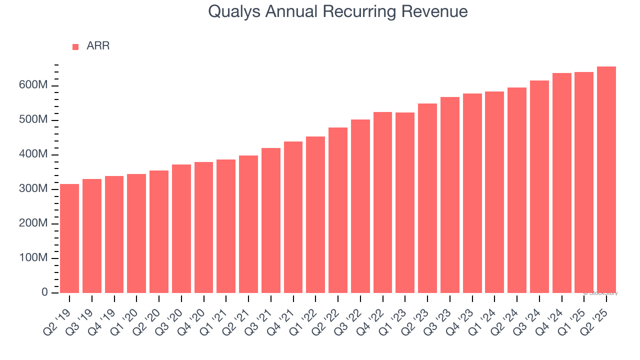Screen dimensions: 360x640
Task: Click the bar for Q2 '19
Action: coord(69,238)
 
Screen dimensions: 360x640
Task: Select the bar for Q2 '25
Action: coord(606,179)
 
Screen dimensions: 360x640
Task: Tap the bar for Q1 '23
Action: coord(405,202)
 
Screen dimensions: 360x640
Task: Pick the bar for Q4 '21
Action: coord(293,217)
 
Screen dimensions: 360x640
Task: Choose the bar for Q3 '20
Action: coord(181,228)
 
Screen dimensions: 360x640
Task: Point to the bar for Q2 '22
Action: coord(338,210)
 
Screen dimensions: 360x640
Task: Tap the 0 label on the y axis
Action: coord(44,292)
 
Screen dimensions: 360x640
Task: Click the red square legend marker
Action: coord(75,46)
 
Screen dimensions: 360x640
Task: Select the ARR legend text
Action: coord(98,46)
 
